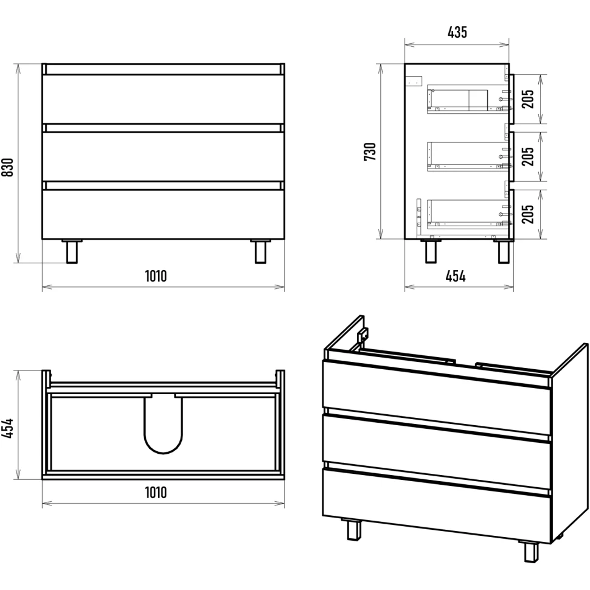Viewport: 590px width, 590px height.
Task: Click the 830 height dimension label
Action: coord(8,167)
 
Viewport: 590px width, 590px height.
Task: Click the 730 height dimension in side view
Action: coord(370,151)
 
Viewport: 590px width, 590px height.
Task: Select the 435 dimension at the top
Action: coord(457,32)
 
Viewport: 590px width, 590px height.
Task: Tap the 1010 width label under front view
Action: coord(156,276)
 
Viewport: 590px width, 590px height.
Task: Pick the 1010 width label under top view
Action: coord(156,492)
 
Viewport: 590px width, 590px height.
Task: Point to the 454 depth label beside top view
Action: coord(8,428)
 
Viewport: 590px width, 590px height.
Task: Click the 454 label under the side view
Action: coord(456,277)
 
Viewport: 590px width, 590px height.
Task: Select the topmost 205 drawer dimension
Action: coord(528,99)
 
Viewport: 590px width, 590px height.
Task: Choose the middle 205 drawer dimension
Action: coord(528,156)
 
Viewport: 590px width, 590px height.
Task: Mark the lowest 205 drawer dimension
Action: coord(528,213)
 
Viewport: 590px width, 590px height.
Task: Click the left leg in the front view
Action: coord(72,251)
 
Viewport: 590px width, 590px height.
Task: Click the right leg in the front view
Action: coord(260,251)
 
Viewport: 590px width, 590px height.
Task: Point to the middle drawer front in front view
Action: coord(163,156)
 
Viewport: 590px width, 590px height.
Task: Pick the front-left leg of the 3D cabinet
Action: coord(351,530)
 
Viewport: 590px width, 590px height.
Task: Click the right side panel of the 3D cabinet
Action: coord(570,443)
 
